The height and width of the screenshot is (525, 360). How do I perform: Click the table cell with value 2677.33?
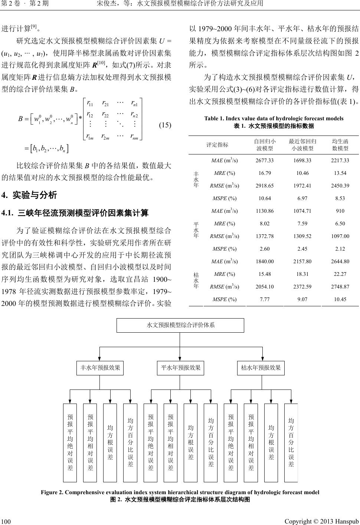265,160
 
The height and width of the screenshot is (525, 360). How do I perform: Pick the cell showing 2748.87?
340,287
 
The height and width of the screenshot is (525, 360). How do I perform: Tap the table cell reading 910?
340,211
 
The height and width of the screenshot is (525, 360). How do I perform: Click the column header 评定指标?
217,145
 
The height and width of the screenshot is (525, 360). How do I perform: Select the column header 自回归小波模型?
265,145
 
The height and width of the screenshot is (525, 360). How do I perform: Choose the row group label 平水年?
196,230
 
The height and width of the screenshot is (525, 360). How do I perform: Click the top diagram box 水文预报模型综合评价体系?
180,325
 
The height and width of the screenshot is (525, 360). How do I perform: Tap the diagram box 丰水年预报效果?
100,368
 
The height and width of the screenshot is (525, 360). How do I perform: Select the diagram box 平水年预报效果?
180,368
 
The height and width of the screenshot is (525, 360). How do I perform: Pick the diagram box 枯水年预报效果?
261,368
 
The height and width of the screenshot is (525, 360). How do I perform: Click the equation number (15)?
165,125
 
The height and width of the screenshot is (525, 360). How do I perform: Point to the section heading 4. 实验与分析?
29,195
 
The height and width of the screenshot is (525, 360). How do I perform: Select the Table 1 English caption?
274,118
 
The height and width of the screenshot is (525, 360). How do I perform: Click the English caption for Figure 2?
180,492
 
